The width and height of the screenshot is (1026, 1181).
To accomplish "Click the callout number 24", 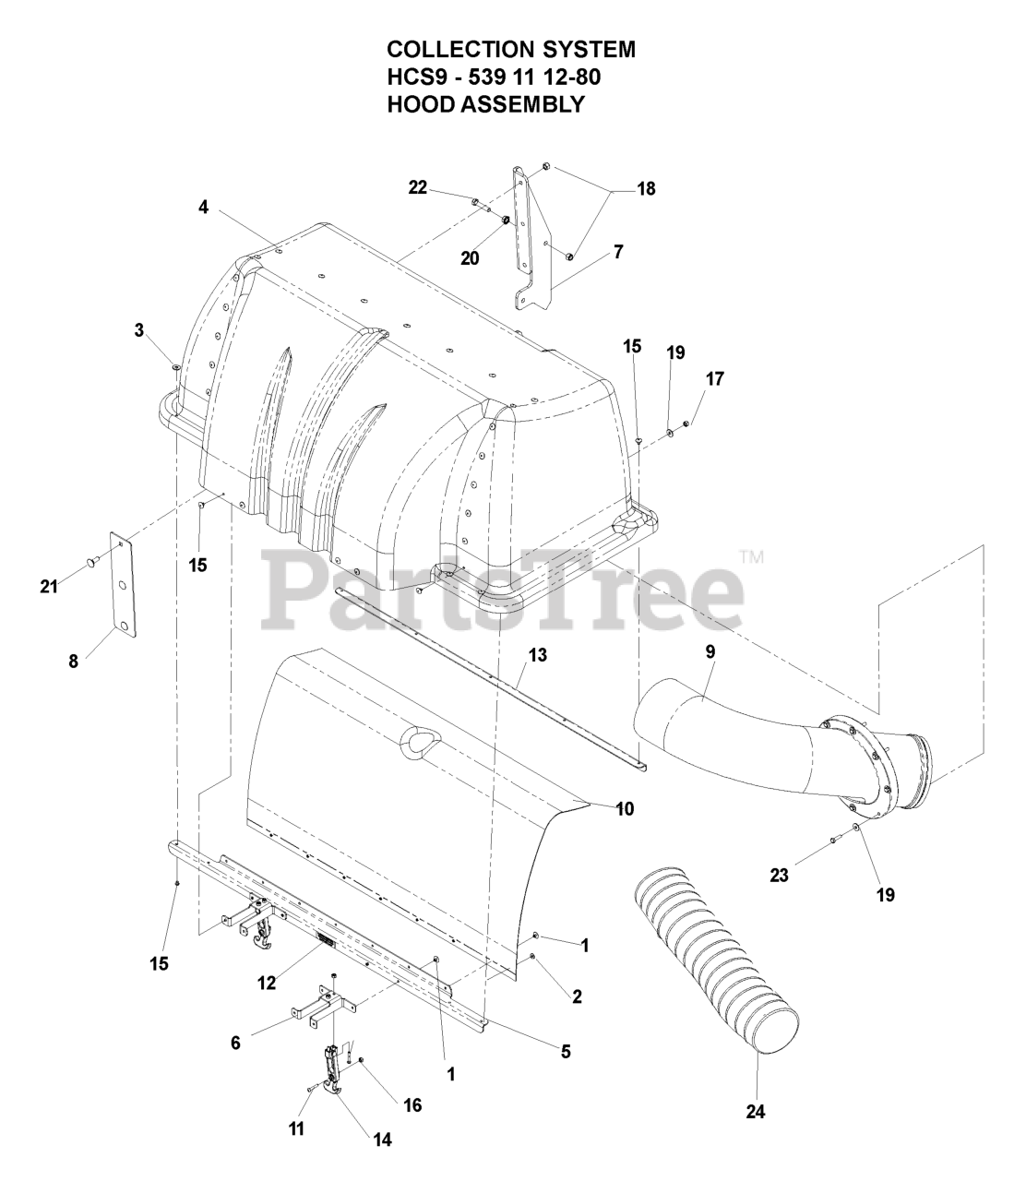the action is pos(757,1112).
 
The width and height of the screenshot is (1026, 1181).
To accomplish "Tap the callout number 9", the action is pos(710,651).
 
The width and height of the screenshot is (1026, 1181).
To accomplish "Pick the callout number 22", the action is pos(418,187).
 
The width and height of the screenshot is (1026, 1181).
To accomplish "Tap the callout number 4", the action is pos(203,208).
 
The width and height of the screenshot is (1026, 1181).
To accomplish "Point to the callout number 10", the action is pos(625,809).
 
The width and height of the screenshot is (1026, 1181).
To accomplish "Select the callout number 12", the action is pos(267,984).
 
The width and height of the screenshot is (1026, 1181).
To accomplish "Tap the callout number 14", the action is pos(381,1139).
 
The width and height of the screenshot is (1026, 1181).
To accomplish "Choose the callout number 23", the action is pos(780,875).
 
